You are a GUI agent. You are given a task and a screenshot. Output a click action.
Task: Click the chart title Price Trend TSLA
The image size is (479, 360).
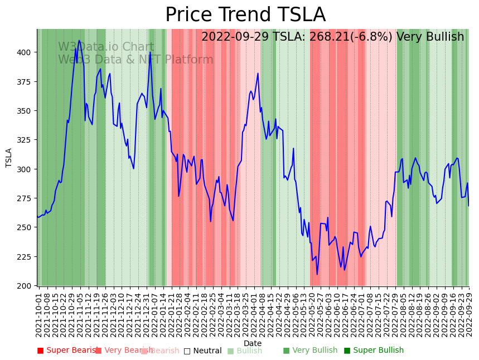click(x=245, y=15)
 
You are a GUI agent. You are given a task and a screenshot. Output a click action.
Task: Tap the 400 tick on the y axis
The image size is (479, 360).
click(x=26, y=52)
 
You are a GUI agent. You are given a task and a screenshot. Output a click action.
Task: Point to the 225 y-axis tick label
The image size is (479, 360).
click(x=26, y=257)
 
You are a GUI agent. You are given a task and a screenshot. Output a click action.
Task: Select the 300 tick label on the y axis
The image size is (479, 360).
click(x=26, y=169)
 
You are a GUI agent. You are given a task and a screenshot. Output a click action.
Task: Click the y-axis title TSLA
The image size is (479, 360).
click(x=9, y=158)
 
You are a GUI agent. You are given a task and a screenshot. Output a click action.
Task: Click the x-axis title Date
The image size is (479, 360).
click(x=253, y=343)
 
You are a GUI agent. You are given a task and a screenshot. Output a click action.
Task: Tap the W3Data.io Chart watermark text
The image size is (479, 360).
click(x=106, y=47)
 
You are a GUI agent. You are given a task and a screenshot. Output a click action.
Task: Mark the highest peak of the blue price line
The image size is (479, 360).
click(x=79, y=40)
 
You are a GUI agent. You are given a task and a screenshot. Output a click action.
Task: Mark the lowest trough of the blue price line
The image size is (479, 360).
click(x=317, y=274)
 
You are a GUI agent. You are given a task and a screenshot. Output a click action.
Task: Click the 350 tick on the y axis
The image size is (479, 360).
click(x=26, y=111)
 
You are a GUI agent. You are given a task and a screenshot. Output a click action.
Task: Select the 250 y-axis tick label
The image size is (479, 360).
click(x=26, y=228)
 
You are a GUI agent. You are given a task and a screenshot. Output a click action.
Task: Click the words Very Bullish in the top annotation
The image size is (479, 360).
click(x=430, y=37)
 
